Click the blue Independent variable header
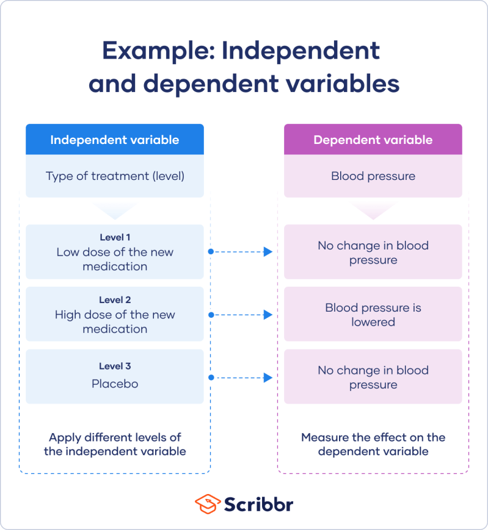point(114,140)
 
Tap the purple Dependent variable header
point(373,140)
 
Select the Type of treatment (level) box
point(114,176)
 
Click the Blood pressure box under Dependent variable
point(373,176)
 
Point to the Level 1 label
point(115,237)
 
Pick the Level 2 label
point(115,300)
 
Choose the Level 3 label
point(115,367)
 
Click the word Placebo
point(115,384)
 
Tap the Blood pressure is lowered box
point(373,315)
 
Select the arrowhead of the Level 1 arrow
point(268,252)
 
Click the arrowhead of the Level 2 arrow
point(268,315)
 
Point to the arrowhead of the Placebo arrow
point(268,378)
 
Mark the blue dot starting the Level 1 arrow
point(211,251)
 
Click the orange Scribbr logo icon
point(208,504)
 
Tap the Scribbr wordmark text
point(258,504)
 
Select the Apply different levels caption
point(115,445)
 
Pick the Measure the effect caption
point(373,445)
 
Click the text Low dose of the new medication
point(115,259)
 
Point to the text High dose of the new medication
point(115,322)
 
